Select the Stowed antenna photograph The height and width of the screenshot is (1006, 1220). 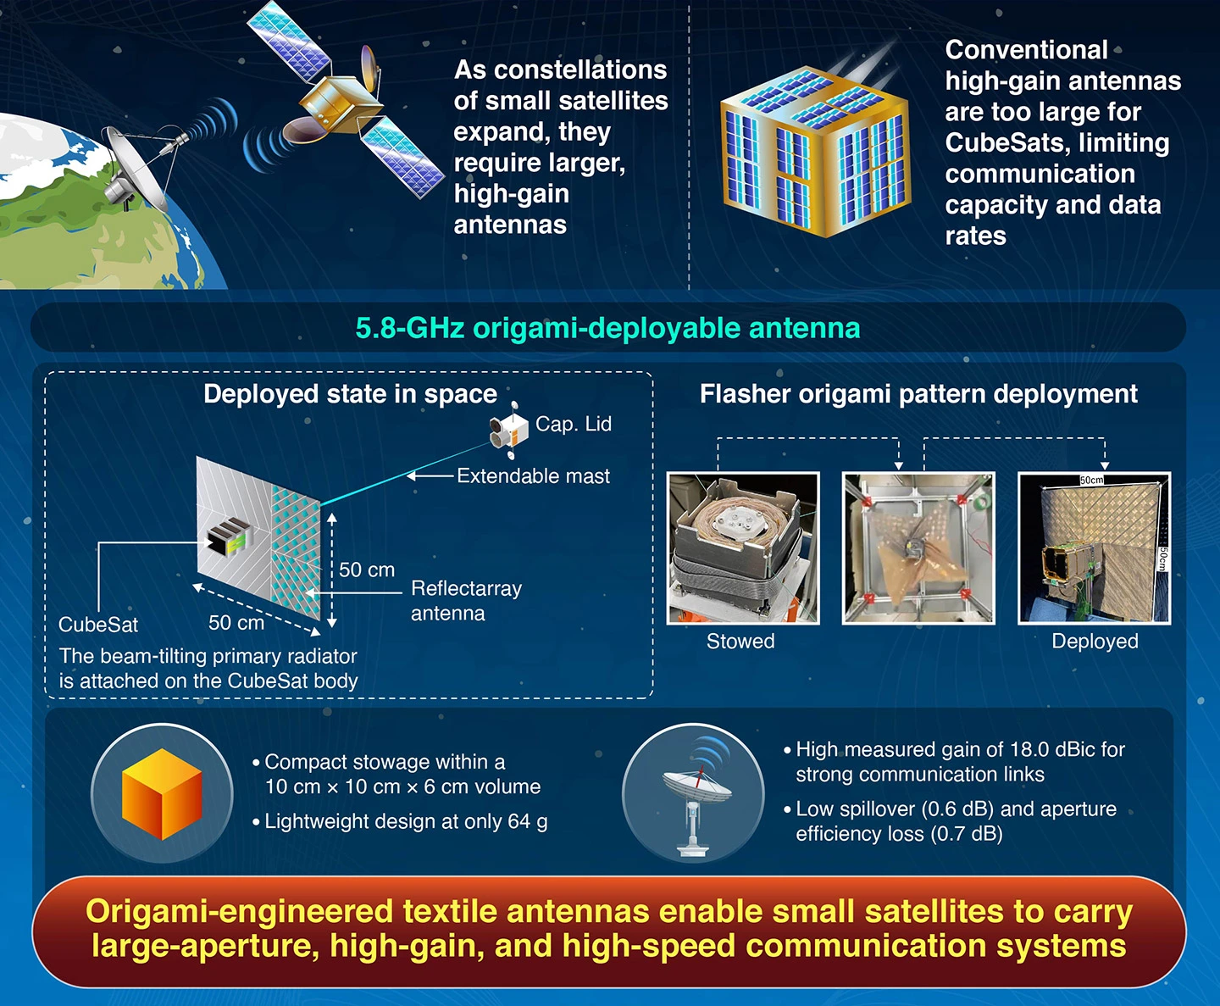coord(743,548)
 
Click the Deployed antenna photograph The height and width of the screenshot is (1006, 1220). coord(1094,548)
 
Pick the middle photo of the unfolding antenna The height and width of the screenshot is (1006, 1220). coord(918,548)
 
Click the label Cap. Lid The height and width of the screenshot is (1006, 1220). coord(573,424)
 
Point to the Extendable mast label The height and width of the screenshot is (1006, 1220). coord(533,476)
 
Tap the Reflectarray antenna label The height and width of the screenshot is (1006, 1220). coord(465,600)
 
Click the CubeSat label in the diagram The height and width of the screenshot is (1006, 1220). coord(98,625)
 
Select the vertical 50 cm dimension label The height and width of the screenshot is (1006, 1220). coord(367,570)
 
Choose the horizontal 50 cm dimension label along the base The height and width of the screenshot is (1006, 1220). coord(236,623)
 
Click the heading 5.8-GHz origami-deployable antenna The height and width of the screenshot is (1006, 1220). coord(607,328)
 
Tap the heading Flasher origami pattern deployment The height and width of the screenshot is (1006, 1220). coord(918,394)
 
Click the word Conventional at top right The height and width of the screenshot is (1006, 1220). coord(1026,50)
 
